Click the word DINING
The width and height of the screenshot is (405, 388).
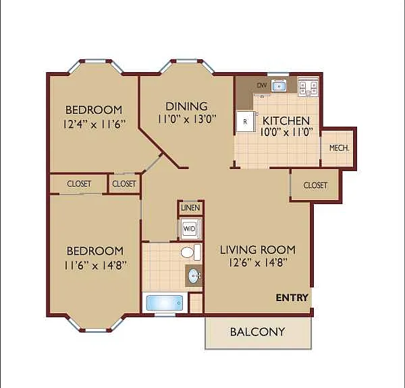pyautogui.click(x=186, y=106)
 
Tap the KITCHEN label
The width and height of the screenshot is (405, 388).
pyautogui.click(x=286, y=121)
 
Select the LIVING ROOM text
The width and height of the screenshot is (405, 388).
pyautogui.click(x=258, y=250)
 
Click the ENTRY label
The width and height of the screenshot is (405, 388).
pyautogui.click(x=292, y=298)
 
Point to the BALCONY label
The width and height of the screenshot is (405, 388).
pyautogui.click(x=258, y=332)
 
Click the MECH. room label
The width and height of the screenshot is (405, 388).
pyautogui.click(x=339, y=148)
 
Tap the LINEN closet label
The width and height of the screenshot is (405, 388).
pyautogui.click(x=190, y=207)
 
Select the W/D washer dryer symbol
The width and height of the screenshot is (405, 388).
pyautogui.click(x=189, y=228)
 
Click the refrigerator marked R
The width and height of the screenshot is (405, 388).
pyautogui.click(x=246, y=121)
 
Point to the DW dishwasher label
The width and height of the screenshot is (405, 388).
pyautogui.click(x=261, y=86)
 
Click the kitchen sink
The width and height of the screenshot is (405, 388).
pyautogui.click(x=279, y=86)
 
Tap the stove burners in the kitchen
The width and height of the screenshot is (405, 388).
pyautogui.click(x=308, y=88)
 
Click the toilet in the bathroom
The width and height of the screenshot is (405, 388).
pyautogui.click(x=190, y=252)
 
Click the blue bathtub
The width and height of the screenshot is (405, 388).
pyautogui.click(x=165, y=303)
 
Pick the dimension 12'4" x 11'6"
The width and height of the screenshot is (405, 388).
pyautogui.click(x=94, y=124)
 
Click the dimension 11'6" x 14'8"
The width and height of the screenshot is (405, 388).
pyautogui.click(x=96, y=265)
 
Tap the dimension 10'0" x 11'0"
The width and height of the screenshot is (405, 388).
pyautogui.click(x=286, y=132)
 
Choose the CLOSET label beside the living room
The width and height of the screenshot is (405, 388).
pyautogui.click(x=315, y=185)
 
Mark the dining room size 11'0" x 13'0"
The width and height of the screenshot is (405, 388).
pyautogui.click(x=187, y=119)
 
